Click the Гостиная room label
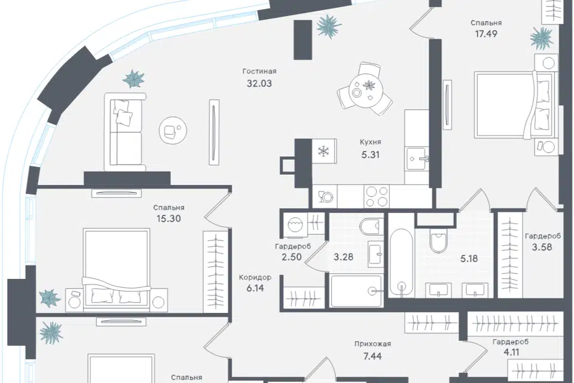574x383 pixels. pyautogui.click(x=259, y=71)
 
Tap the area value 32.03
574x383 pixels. pyautogui.click(x=259, y=84)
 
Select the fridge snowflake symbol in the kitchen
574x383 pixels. pyautogui.click(x=324, y=151)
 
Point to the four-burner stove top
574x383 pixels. pyautogui.click(x=377, y=196)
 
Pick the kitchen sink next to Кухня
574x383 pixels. pyautogui.click(x=417, y=159)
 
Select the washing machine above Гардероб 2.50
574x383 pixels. pyautogui.click(x=296, y=224)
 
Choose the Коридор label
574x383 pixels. pyautogui.click(x=255, y=278)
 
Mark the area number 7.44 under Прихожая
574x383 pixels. pyautogui.click(x=373, y=355)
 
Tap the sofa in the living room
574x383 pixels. pyautogui.click(x=125, y=132)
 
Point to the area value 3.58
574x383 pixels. pyautogui.click(x=542, y=247)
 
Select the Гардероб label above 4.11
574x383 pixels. pyautogui.click(x=511, y=342)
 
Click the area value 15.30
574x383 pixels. pyautogui.click(x=169, y=219)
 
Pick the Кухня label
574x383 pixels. pyautogui.click(x=370, y=142)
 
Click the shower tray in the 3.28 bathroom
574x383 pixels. pyautogui.click(x=356, y=291)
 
